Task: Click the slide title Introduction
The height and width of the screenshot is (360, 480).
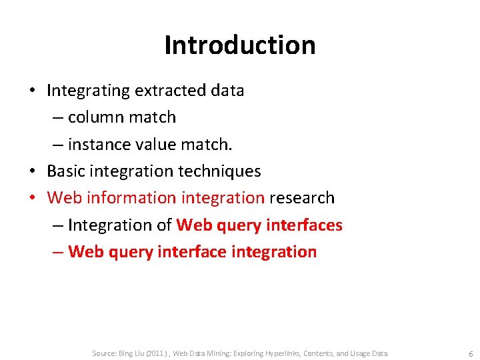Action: [x=239, y=45]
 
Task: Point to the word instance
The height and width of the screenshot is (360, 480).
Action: [x=98, y=144]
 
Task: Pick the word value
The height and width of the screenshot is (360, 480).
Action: [x=155, y=144]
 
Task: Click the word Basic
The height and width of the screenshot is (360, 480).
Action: [x=65, y=171]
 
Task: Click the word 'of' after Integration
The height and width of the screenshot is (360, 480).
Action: [x=164, y=225]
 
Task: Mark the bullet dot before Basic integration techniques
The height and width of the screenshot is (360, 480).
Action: [x=33, y=171]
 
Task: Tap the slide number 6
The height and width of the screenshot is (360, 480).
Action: [x=471, y=353]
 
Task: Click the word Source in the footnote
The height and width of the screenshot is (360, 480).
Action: [x=103, y=353]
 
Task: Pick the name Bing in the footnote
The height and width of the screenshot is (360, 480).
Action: [x=127, y=353]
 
